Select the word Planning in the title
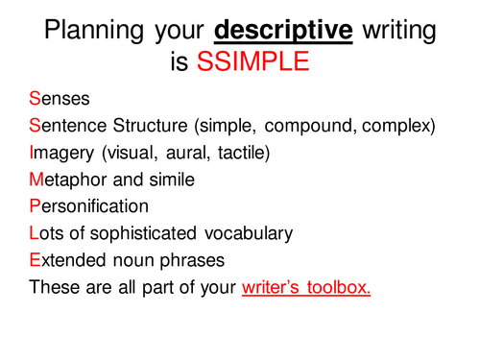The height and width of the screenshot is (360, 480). point(90,31)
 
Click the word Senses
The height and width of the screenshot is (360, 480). point(59,99)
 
